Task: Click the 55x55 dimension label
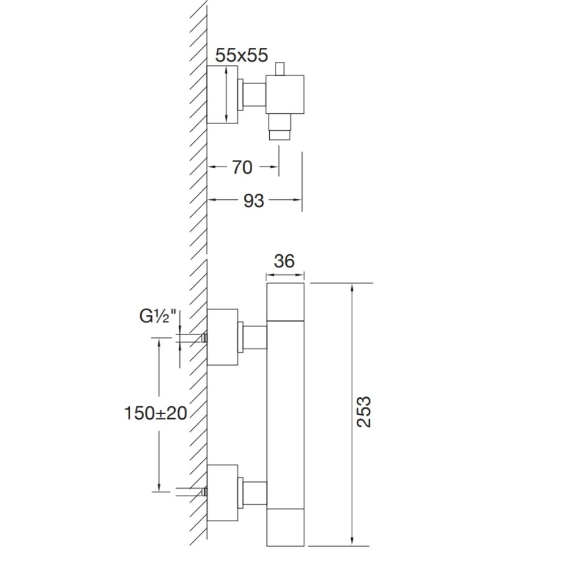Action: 241,56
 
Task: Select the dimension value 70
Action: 242,167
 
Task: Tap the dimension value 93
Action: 253,201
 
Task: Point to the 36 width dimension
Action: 284,261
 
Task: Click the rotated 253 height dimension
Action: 364,411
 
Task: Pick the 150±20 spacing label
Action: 156,413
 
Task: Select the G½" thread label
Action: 158,316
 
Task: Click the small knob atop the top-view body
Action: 280,69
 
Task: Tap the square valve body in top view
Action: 285,94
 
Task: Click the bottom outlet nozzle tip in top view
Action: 279,135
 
